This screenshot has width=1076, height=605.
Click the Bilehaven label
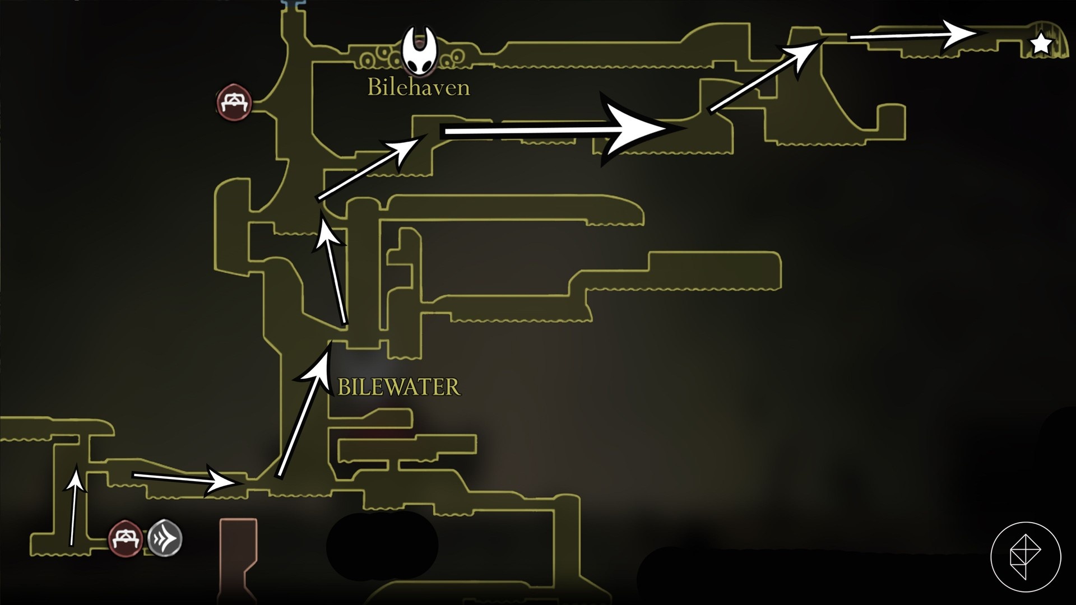coord(418,87)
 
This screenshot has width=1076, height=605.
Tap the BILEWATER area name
coord(398,387)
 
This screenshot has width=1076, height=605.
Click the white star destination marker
coord(1041,43)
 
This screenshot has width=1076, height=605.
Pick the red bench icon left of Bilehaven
coord(234,102)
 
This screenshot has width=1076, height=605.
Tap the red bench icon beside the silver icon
coord(125,539)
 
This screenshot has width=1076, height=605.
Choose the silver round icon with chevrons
coord(165,539)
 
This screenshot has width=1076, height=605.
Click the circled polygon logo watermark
coord(1026,557)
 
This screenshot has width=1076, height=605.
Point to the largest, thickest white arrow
coord(560,131)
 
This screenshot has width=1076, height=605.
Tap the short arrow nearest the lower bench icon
coord(74,504)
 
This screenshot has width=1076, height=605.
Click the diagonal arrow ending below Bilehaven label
coord(370,168)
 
